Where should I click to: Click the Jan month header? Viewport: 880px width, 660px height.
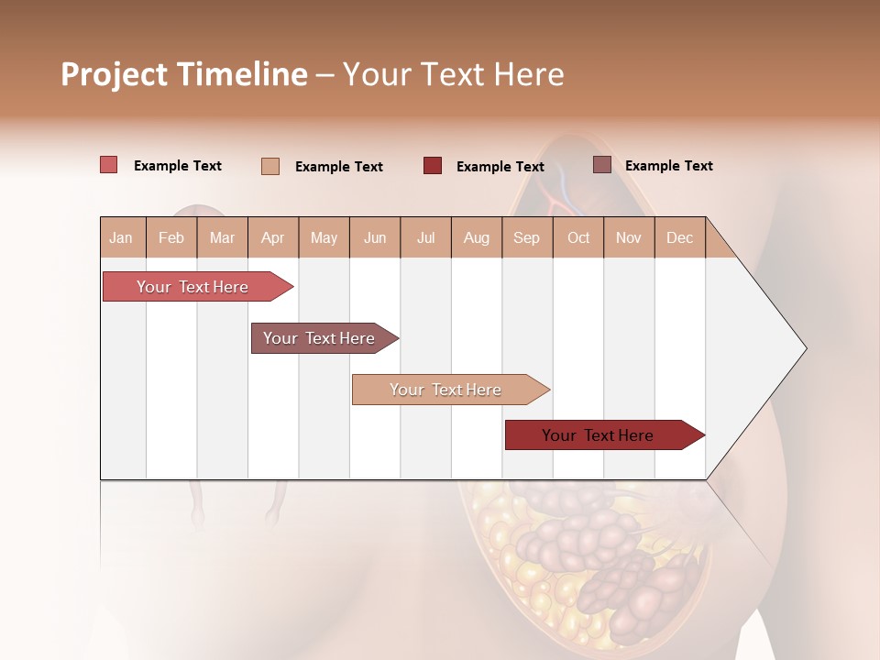[x=121, y=237]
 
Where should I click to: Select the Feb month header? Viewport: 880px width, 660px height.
[x=171, y=237]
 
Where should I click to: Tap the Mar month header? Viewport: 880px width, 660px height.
[x=222, y=237]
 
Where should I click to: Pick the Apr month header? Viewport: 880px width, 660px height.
[x=272, y=237]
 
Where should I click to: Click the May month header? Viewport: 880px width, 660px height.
[x=324, y=237]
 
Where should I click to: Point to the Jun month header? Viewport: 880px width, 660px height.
[x=375, y=237]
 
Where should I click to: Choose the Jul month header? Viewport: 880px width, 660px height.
[x=425, y=237]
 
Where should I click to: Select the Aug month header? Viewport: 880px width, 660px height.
[x=476, y=237]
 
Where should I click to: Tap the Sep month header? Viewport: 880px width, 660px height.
[x=526, y=237]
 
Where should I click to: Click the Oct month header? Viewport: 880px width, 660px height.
[x=578, y=237]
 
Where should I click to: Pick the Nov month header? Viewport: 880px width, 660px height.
[x=629, y=237]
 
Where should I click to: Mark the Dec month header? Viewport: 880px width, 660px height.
[x=679, y=237]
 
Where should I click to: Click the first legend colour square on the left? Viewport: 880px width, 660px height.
[x=108, y=165]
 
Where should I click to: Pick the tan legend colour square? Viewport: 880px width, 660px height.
[x=270, y=166]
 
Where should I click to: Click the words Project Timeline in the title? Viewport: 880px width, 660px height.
[x=184, y=74]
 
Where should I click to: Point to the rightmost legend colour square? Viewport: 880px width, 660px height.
[x=602, y=165]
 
